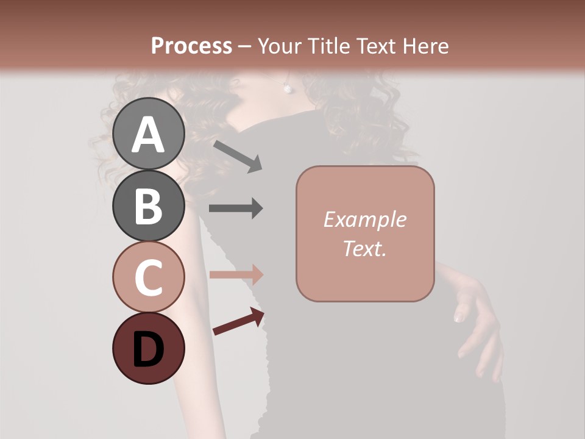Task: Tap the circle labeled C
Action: (x=149, y=276)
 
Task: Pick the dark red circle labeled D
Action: (x=149, y=348)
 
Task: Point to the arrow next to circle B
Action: (x=236, y=209)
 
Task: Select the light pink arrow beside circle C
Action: (x=236, y=274)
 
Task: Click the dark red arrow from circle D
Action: (x=238, y=322)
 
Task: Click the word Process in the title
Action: (x=191, y=46)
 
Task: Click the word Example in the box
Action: (x=364, y=220)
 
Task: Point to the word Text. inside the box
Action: (x=364, y=248)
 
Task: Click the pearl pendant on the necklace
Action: (x=287, y=88)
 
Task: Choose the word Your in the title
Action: (x=280, y=46)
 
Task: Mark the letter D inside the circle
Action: (x=149, y=349)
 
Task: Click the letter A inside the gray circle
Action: (x=149, y=135)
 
